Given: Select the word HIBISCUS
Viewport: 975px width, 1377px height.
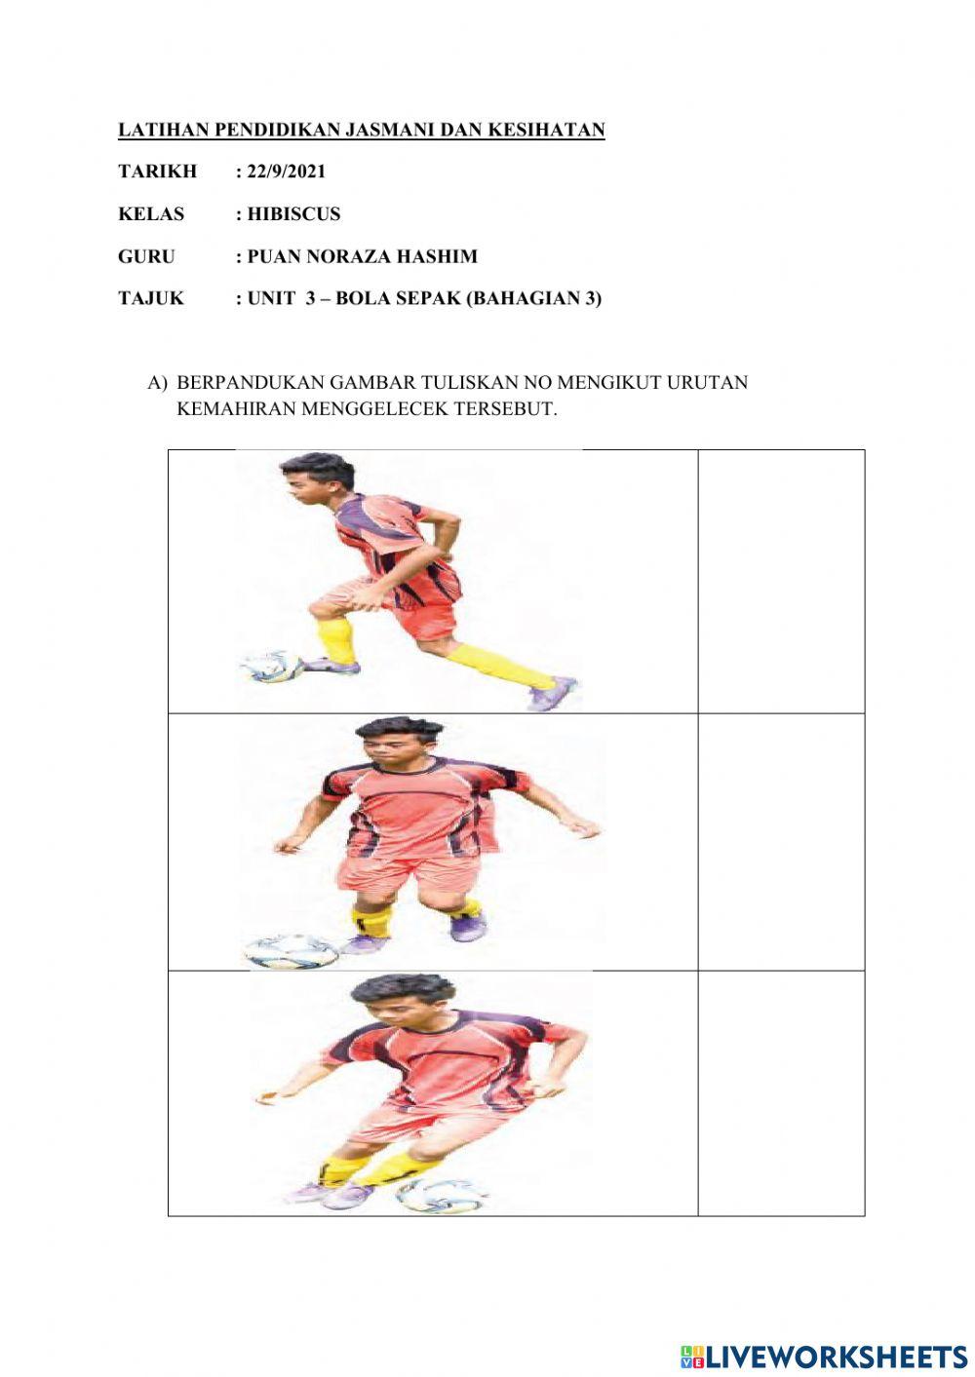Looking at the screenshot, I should click(x=293, y=214).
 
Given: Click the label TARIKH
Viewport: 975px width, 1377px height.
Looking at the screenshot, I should click(x=157, y=172).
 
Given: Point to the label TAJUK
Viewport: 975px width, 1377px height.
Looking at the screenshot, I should click(x=150, y=299).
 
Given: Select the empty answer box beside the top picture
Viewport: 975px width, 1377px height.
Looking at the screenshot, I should click(x=781, y=581).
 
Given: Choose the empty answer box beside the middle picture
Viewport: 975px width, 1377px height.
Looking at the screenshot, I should click(x=781, y=842).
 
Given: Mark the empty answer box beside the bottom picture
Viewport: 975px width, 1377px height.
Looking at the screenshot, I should click(x=781, y=1093).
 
